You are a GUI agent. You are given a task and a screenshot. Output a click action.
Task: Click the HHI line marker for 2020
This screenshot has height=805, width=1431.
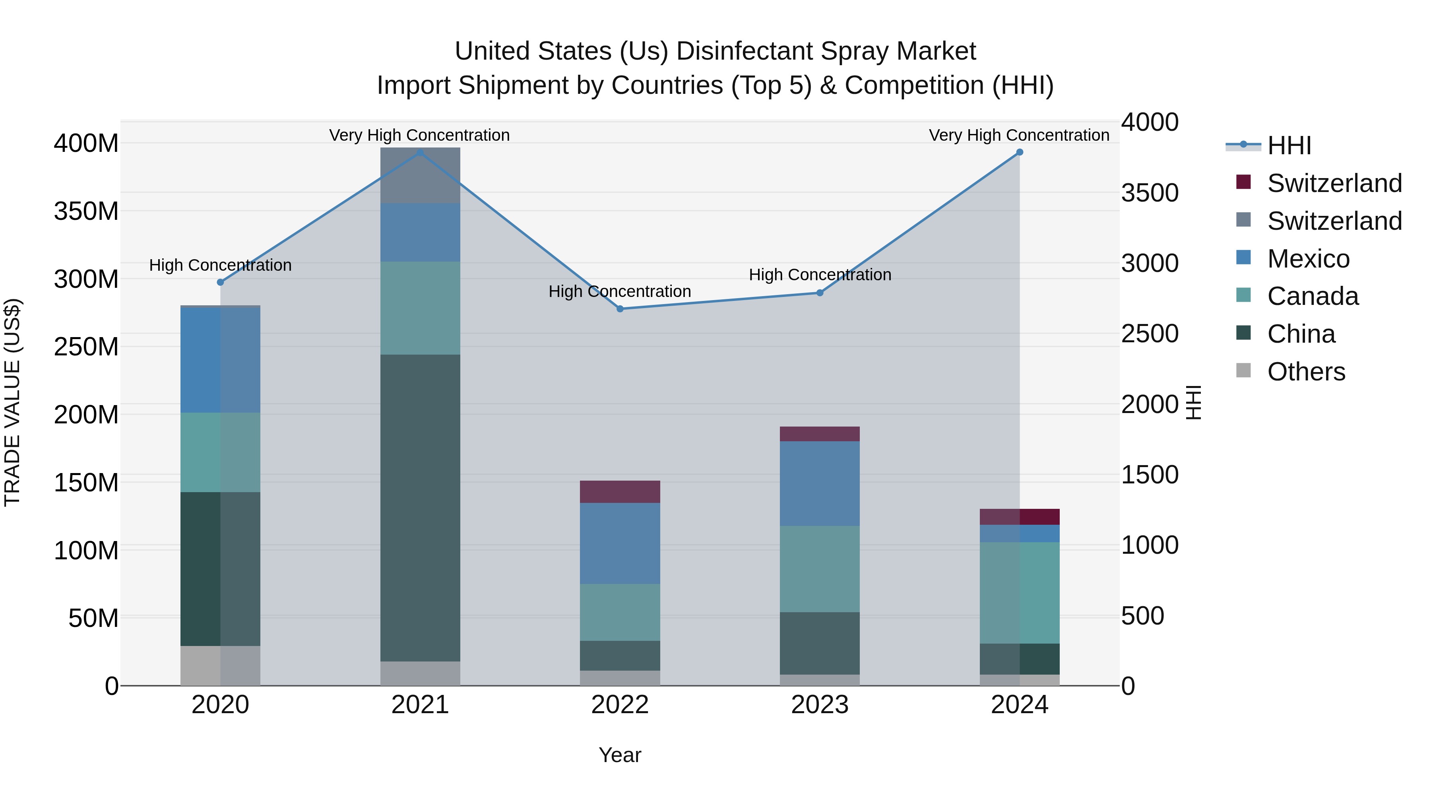tap(221, 282)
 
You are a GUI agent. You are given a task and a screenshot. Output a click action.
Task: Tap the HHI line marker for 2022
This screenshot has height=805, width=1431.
tap(620, 309)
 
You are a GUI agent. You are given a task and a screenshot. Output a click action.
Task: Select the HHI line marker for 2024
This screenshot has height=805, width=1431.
tap(1019, 152)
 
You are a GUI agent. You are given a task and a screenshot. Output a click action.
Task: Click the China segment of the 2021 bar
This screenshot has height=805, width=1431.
tap(420, 508)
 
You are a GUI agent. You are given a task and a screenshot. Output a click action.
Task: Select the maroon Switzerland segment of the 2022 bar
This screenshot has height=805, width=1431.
tap(620, 492)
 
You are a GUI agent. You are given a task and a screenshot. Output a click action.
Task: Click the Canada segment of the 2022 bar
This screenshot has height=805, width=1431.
tap(620, 612)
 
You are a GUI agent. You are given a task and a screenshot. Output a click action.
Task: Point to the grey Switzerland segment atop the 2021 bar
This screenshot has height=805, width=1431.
tap(420, 176)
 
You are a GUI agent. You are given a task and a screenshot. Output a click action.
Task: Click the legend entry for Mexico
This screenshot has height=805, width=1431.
tap(1308, 259)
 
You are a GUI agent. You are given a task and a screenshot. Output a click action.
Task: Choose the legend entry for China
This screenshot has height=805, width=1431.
tap(1301, 334)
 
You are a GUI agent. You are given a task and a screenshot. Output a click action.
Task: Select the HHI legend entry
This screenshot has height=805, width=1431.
tap(1289, 145)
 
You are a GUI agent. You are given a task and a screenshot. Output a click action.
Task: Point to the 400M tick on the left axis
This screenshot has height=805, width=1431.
tap(86, 144)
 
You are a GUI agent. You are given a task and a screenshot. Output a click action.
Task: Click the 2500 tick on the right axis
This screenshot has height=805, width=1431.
tap(1149, 334)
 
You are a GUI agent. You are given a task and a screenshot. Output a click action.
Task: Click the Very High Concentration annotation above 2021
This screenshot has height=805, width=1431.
tap(419, 135)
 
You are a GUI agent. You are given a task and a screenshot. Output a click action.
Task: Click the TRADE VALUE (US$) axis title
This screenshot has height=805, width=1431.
tap(12, 402)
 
